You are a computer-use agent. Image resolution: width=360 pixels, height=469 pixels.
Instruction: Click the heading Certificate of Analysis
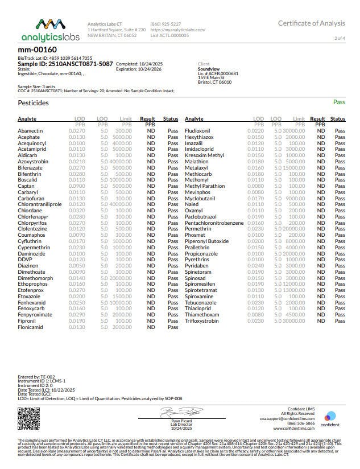(x=311, y=23)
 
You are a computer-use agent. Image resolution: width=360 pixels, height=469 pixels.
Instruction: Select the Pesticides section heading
(x=34, y=103)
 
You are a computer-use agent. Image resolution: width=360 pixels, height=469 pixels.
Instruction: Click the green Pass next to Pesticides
(x=339, y=103)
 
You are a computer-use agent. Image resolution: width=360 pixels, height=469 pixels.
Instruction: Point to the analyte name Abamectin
(x=30, y=131)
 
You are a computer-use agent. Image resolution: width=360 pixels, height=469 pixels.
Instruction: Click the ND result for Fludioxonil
(x=321, y=131)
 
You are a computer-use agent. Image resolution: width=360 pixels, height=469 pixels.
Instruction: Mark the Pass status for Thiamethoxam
(x=340, y=314)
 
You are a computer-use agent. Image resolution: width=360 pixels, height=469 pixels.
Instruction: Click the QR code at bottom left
(x=29, y=419)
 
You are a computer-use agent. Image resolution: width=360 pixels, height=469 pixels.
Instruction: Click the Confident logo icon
(x=330, y=417)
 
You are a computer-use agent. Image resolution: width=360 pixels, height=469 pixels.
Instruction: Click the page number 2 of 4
(x=340, y=38)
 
